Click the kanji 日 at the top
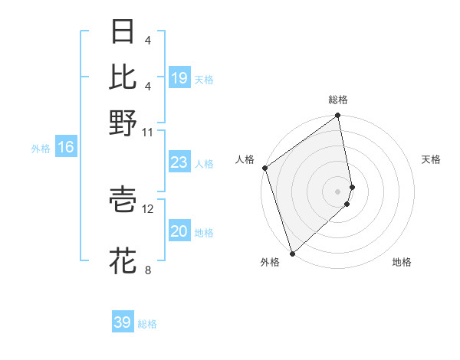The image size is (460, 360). tap(123, 32)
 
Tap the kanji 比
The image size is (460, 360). tap(123, 77)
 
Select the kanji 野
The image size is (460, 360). tap(123, 123)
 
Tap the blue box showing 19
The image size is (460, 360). tap(179, 78)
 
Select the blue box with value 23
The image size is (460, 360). tap(179, 162)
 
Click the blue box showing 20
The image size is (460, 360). tap(179, 231)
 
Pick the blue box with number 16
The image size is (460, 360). tap(66, 148)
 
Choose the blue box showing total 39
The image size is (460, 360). tap(123, 322)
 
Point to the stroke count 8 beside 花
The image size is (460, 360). tap(147, 270)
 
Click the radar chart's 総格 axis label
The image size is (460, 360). tap(338, 100)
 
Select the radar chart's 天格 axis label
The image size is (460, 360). tap(431, 159)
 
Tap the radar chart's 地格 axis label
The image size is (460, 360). tap(402, 263)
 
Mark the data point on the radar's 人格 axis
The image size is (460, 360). tap(264, 168)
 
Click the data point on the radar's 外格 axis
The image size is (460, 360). tap(292, 253)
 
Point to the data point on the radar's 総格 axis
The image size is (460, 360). tap(338, 116)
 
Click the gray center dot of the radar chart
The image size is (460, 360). tap(338, 191)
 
